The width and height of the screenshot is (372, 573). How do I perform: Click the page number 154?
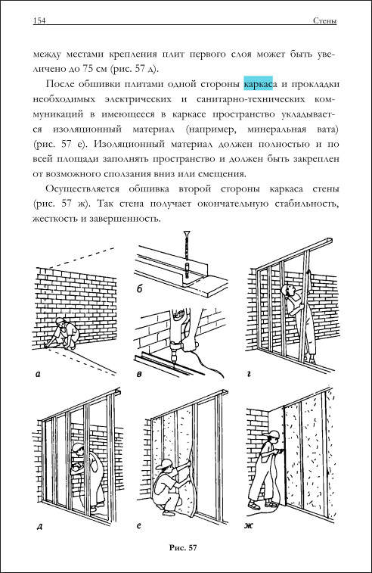pos(39,21)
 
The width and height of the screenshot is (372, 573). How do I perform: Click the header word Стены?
pos(325,21)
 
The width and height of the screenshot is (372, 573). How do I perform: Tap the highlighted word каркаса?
pos(260,85)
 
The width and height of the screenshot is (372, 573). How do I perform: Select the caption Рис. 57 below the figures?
pos(183,547)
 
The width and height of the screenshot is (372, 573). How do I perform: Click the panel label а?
pos(38,374)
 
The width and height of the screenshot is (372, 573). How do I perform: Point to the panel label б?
pos(139,290)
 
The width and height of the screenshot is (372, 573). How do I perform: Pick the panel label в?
pos(138,374)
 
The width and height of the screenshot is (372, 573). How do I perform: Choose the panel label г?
pos(249,373)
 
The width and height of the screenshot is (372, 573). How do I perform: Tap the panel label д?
pos(39,527)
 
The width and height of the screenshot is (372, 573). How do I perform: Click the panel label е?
pos(138,526)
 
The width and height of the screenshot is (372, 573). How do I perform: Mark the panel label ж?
pos(249,527)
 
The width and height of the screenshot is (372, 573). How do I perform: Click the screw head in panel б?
pos(188,232)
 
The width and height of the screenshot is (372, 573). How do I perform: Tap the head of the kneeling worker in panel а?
pos(60,322)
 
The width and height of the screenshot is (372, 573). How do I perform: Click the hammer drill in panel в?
pos(177,335)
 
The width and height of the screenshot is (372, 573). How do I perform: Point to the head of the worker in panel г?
pos(287,290)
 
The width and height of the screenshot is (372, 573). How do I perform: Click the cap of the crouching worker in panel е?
pos(166,463)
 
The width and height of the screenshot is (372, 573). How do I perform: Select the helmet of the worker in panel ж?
pos(273,434)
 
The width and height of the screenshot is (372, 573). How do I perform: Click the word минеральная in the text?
pos(276,129)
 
